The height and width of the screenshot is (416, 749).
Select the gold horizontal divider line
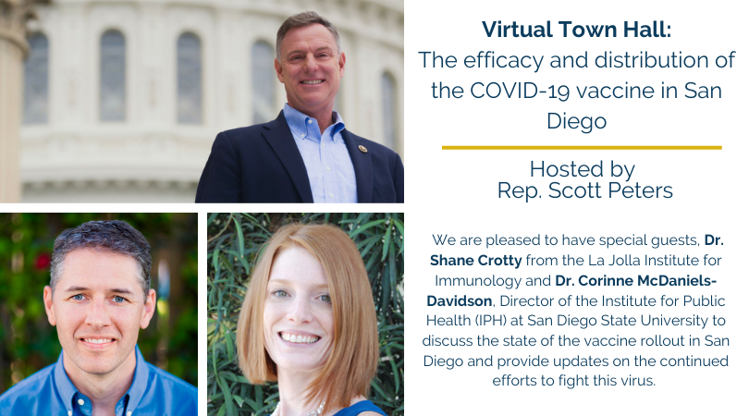click(x=582, y=147)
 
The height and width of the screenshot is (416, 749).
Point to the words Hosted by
click(x=582, y=169)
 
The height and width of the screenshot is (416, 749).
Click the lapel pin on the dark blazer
click(x=362, y=149)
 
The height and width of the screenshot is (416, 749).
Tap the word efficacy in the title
click(x=489, y=60)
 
